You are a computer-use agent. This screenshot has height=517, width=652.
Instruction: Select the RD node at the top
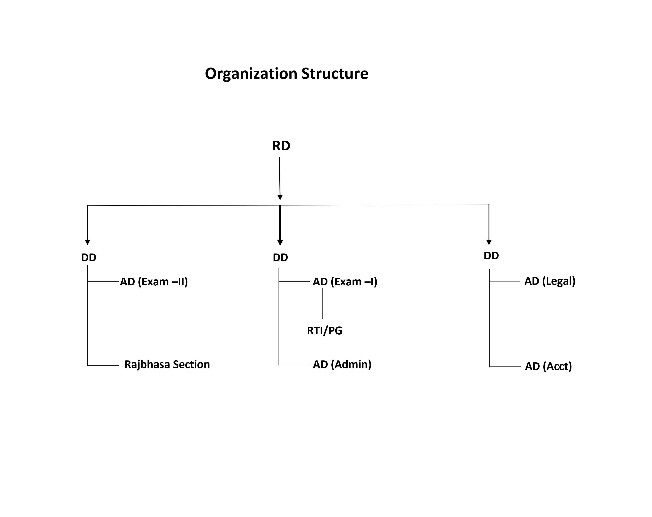(x=281, y=146)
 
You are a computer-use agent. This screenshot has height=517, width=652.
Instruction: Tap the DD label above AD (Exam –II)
(x=88, y=258)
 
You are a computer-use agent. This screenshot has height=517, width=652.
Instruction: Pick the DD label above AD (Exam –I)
(x=280, y=258)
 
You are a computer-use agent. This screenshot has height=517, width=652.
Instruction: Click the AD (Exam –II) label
(x=154, y=282)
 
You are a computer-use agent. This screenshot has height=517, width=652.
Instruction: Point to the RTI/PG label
(x=325, y=331)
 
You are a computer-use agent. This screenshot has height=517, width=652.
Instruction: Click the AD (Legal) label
(x=550, y=281)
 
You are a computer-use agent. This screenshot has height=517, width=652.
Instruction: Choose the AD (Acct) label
(x=548, y=366)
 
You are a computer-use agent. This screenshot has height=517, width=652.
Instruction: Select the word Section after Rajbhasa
(x=191, y=364)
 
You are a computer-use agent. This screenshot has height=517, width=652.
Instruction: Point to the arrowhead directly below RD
(x=280, y=198)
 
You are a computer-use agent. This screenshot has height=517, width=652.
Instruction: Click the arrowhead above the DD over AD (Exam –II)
(x=87, y=242)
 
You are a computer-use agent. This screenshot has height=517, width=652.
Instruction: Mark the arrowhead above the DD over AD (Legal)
(x=489, y=242)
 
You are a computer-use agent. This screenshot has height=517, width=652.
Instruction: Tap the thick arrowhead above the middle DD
(x=280, y=243)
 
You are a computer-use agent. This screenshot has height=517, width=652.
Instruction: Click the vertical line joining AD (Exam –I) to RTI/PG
(x=322, y=304)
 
